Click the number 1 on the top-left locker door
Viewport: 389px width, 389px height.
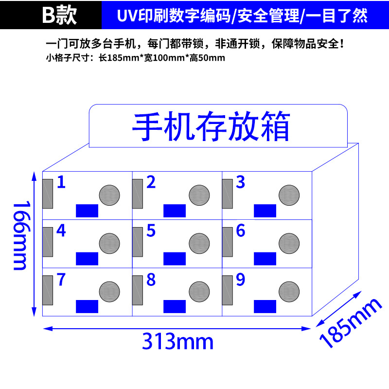pos(61,182)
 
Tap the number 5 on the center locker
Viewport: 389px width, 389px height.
pos(151,230)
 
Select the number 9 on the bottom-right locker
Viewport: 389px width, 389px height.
pos(240,280)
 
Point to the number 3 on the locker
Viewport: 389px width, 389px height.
pos(240,182)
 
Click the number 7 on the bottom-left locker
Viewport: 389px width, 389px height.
pos(61,280)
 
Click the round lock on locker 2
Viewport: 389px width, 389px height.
pos(199,195)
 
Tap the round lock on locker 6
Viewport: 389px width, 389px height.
pos(288,243)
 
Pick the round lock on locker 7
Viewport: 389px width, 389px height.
pos(109,291)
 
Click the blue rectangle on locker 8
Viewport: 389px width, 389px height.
pos(175,306)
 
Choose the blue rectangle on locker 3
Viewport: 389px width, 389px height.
pos(265,211)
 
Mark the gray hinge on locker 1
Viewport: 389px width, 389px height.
pos(47,194)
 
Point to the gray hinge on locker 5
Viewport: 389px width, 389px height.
pos(137,242)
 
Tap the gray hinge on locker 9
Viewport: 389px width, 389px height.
pos(227,290)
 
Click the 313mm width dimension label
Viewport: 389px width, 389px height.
pos(177,341)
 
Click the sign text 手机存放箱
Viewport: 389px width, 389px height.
pos(211,126)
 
